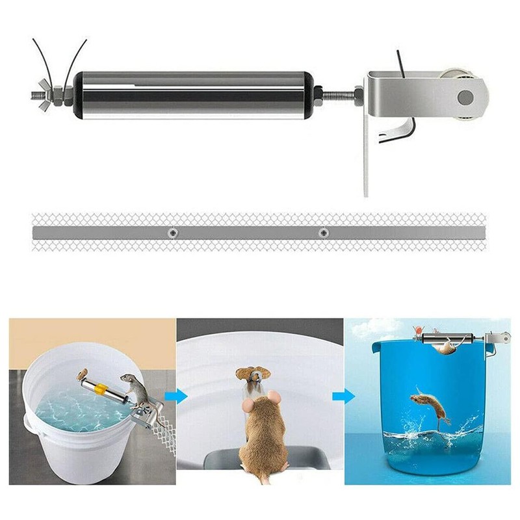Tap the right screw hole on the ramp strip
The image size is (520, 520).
[x=323, y=232]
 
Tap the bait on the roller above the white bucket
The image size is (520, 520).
[x=83, y=374]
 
